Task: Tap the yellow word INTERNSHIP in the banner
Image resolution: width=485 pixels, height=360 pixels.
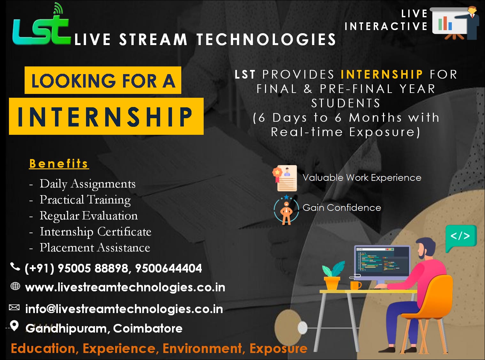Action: click(x=382, y=74)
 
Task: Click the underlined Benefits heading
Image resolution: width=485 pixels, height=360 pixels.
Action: click(x=59, y=164)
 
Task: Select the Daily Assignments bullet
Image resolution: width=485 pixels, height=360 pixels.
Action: click(x=87, y=184)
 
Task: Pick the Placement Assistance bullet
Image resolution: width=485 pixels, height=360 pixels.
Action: click(x=95, y=248)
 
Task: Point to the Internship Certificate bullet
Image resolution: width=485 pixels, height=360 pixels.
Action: click(x=95, y=232)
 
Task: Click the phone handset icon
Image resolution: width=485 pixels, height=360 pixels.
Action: click(x=15, y=267)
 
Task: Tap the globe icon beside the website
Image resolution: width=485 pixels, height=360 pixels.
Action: click(x=15, y=286)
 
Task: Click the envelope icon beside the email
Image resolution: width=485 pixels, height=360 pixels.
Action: click(x=14, y=308)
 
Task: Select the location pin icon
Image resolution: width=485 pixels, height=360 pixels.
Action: click(x=14, y=326)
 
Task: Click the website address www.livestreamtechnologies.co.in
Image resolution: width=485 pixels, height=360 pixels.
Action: click(x=125, y=287)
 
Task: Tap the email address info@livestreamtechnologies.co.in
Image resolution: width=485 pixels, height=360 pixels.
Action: click(x=124, y=309)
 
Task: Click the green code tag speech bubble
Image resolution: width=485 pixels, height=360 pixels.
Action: click(x=460, y=237)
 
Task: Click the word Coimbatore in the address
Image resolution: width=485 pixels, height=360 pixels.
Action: click(x=148, y=328)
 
